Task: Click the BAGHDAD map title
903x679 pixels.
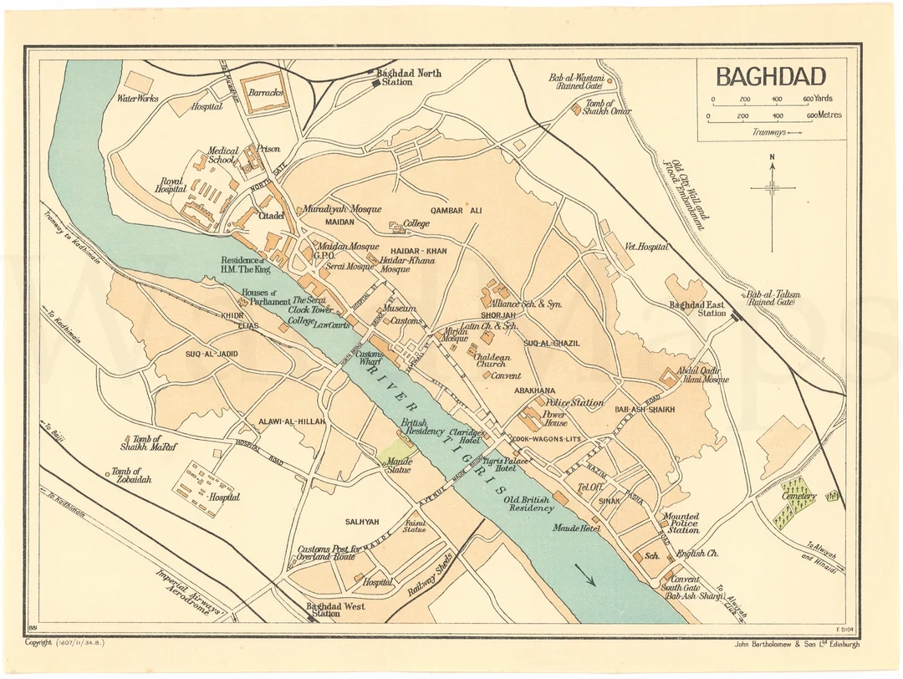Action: tap(770, 77)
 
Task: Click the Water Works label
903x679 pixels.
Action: tap(138, 98)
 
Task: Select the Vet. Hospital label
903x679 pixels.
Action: tap(647, 247)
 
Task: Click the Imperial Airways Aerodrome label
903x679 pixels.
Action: tap(191, 593)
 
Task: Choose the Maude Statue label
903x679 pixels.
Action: tap(398, 466)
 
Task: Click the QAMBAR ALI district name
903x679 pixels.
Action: tap(457, 211)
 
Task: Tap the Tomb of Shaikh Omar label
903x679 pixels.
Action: tap(608, 108)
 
